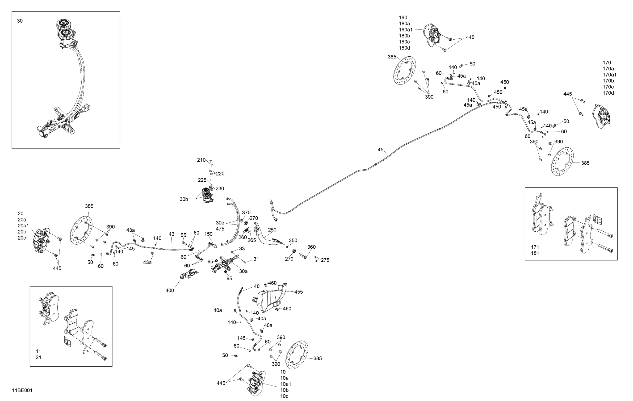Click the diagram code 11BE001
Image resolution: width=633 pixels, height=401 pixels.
(x=22, y=390)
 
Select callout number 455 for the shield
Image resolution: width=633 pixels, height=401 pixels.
(x=298, y=292)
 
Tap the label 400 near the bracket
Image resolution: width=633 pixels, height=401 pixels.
(x=170, y=290)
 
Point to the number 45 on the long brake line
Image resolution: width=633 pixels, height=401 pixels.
(x=380, y=150)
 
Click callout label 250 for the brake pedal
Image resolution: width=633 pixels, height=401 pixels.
(x=272, y=230)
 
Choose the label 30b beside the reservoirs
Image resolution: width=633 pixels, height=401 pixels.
(x=184, y=199)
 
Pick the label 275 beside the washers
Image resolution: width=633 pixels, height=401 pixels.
(x=325, y=260)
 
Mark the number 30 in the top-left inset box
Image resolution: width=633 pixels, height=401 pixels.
(x=20, y=21)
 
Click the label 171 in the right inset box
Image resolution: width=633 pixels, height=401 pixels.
(x=535, y=247)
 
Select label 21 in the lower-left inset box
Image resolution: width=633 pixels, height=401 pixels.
(x=38, y=357)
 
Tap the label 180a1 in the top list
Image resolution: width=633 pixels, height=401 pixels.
(x=406, y=30)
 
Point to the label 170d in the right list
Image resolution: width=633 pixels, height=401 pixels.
(x=608, y=93)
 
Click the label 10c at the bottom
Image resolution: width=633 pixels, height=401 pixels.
(x=284, y=396)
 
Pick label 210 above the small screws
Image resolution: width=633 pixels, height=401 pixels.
(x=201, y=160)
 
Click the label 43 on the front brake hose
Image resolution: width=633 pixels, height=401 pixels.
(x=171, y=234)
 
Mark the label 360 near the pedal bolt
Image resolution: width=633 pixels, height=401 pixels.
(x=311, y=247)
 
